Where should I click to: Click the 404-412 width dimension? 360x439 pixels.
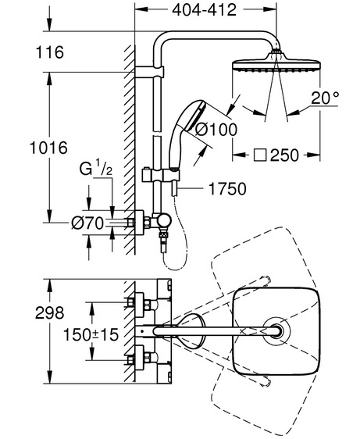pos(204,10)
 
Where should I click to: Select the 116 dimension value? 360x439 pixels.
pos(50,52)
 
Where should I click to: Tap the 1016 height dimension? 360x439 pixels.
pos(48,148)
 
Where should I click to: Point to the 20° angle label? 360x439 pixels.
pos(325,98)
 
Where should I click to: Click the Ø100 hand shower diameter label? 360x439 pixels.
pos(216,130)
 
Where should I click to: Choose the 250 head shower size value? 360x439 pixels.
pos(285,155)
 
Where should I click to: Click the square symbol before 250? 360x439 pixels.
pos(260,155)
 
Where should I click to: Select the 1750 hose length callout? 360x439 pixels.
pos(227,189)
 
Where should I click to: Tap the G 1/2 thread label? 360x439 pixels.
pos(96,167)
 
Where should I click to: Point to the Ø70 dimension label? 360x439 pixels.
pos(87,223)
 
